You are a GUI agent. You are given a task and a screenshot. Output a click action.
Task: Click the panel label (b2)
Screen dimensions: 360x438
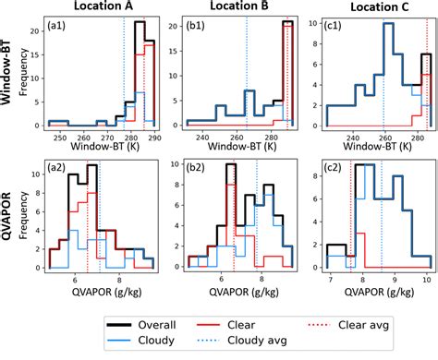coord(196,170)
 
